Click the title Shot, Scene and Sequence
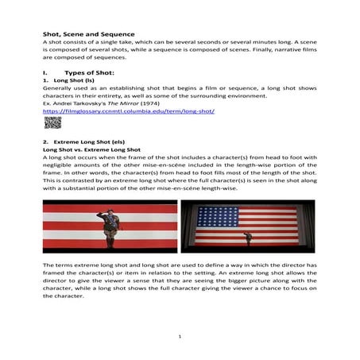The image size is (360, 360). [88, 35]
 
